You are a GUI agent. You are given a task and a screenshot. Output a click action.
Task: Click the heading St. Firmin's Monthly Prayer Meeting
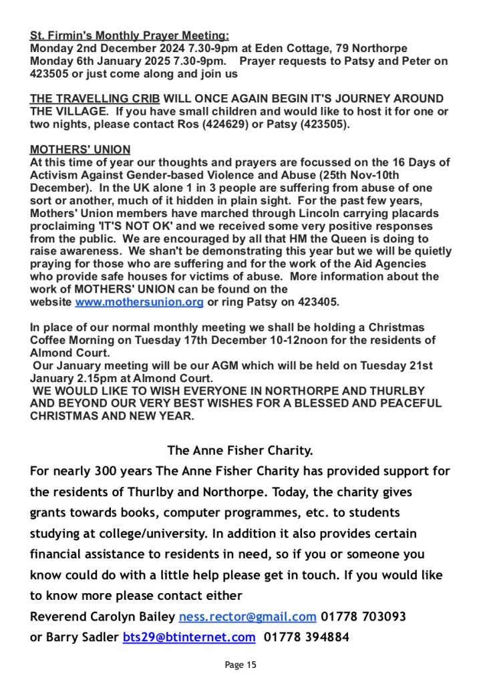tap(129, 35)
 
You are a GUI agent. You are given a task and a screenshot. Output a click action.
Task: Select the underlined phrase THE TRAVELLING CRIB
tap(95, 99)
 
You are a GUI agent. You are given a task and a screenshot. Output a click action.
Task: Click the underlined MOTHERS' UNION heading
tap(80, 150)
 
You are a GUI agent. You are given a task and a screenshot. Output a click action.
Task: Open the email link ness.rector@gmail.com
tap(247, 617)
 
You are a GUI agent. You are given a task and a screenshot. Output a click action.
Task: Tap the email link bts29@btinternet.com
tap(189, 637)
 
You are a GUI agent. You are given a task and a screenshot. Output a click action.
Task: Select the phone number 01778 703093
tap(363, 617)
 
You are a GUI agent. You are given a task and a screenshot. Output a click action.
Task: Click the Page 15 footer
tap(240, 665)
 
